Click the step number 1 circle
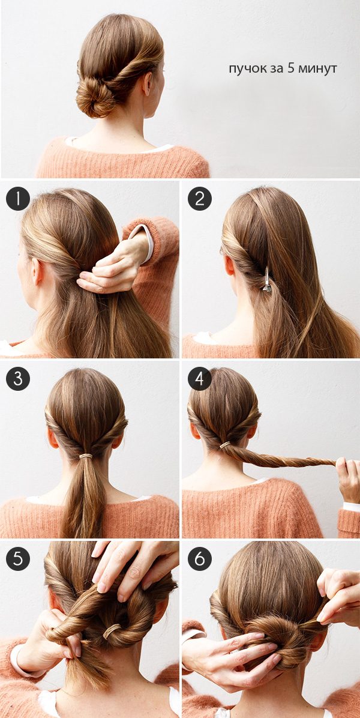pos(18,199)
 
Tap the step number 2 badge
pos(200,199)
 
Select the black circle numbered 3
pos(18,379)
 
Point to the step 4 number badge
pos(200,379)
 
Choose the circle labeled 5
pos(18,559)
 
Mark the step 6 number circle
pos(200,559)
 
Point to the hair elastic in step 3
pos(86,456)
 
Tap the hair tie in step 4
pos(225,445)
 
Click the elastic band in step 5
pos(112,632)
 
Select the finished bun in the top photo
pos(95,95)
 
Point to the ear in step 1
pos(37,272)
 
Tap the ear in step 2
pos(230,266)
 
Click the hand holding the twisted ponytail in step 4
pos(349,478)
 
